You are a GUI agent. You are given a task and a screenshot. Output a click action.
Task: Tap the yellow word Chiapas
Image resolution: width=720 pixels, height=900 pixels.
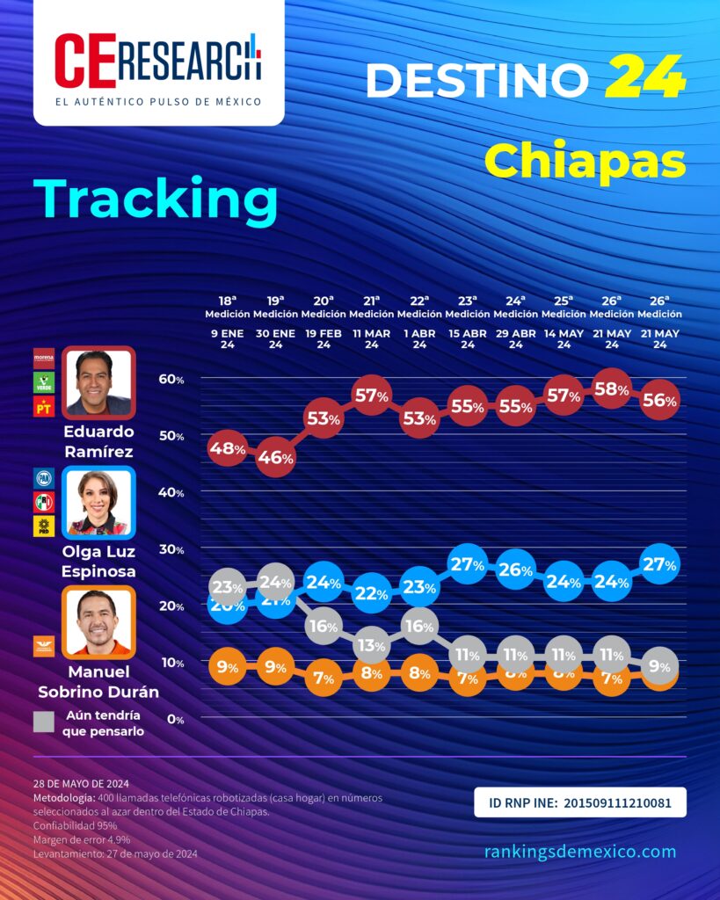coord(585,161)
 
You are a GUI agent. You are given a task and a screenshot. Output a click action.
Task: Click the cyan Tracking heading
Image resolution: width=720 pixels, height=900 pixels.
coord(156,200)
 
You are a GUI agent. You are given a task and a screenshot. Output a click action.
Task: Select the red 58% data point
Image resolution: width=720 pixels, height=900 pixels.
coord(611,389)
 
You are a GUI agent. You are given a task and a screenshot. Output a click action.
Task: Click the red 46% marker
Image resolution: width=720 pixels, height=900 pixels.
coord(275,457)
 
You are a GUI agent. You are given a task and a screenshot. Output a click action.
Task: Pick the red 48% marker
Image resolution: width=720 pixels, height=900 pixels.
coord(227,448)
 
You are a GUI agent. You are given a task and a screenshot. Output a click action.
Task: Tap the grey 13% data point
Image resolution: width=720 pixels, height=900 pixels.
coord(371,645)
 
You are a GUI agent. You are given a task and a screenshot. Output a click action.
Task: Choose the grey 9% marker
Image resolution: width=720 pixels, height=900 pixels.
coord(659,666)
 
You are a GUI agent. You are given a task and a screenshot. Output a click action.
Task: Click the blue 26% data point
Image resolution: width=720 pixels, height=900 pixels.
coord(515,570)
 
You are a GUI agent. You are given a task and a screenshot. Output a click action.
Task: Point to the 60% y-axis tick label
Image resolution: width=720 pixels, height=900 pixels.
coord(171,379)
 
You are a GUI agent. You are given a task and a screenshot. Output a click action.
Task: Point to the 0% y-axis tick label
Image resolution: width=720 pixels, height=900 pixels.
coord(176,719)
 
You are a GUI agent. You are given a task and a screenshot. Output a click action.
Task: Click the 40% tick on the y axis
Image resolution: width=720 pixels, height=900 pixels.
coord(171,492)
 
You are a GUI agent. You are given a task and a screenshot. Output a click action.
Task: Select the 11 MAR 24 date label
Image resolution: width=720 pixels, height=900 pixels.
coord(371,339)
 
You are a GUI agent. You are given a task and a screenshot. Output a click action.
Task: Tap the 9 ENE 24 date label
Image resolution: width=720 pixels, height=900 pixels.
coord(227,339)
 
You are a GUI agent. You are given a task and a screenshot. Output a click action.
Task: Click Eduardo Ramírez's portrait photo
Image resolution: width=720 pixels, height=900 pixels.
coord(98,382)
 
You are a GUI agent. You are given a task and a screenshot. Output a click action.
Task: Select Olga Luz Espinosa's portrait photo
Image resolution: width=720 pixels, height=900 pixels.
coord(98,502)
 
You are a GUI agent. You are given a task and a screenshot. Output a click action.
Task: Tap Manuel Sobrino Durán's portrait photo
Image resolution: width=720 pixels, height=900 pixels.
coord(98,622)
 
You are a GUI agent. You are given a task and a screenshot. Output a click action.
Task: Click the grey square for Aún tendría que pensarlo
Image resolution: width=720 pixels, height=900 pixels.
coord(44,722)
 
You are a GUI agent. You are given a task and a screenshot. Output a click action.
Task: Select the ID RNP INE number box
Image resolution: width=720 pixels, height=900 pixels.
coord(579,802)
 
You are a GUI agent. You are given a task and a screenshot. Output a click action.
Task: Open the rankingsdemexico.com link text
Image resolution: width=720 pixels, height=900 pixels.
coord(580,851)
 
